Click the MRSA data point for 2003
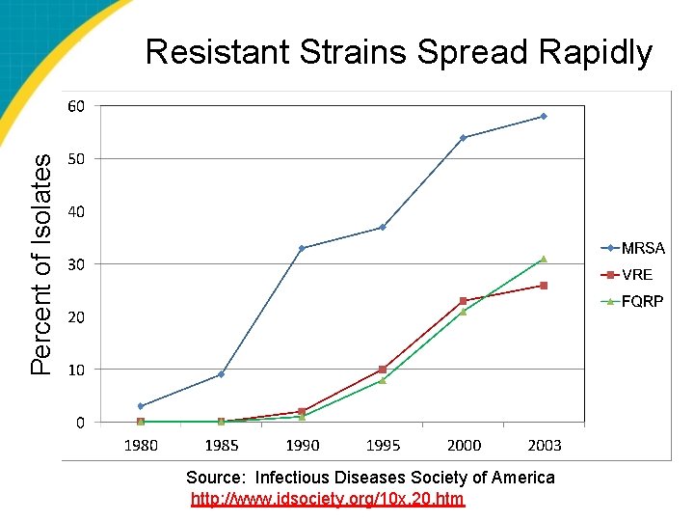(x=544, y=117)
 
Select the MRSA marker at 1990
(x=302, y=249)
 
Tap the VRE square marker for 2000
(x=463, y=301)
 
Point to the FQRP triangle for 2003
(x=544, y=260)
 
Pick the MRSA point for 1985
(x=222, y=374)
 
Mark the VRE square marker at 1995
(x=383, y=370)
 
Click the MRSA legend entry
(x=633, y=248)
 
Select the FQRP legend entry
(x=632, y=302)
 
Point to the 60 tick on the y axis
(x=76, y=106)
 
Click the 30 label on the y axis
(x=76, y=264)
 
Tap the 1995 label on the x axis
(x=383, y=445)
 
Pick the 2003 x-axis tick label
(x=545, y=445)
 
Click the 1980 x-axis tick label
(x=141, y=445)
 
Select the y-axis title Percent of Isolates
(x=40, y=265)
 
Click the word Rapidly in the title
(x=596, y=53)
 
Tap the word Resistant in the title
(x=218, y=52)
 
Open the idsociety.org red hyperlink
(x=328, y=500)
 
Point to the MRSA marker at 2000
(x=463, y=138)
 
